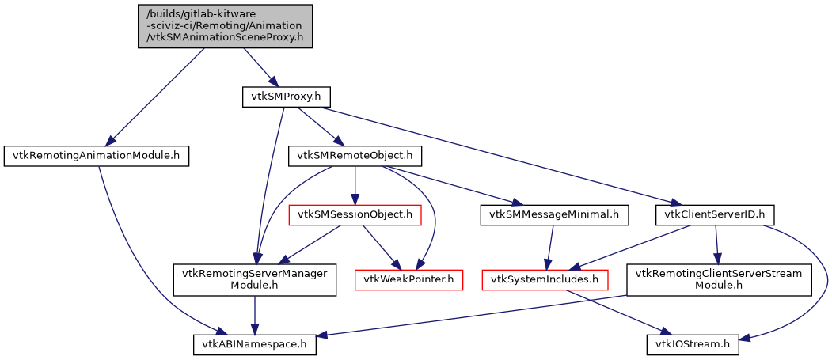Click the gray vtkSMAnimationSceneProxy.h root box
225,26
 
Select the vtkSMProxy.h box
285,97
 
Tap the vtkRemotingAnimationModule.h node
97,156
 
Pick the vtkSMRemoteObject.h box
355,156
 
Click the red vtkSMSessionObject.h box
354,214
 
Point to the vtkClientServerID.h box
715,214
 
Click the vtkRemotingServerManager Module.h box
255,279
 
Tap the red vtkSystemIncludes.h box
545,279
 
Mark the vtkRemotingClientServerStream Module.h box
719,279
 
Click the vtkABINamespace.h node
255,344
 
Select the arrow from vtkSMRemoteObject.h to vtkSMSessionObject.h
355,185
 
